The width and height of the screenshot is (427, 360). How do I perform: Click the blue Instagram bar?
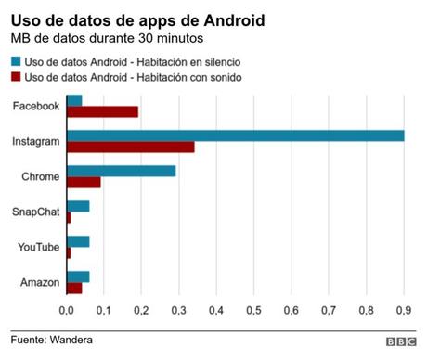click(235, 135)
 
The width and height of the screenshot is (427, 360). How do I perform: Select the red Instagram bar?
click(130, 147)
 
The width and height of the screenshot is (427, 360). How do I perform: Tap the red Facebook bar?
click(102, 111)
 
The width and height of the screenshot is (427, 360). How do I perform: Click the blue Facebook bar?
click(74, 100)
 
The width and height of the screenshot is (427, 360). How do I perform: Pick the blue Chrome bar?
click(121, 171)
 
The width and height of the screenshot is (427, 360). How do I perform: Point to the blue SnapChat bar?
click(78, 206)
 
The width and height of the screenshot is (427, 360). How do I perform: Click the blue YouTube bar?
click(78, 241)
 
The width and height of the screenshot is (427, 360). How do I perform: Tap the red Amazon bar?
click(74, 288)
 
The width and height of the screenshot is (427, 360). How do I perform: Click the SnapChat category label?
click(36, 212)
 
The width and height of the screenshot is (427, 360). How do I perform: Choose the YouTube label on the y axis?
click(38, 247)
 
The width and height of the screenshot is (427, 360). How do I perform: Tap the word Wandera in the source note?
click(72, 341)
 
